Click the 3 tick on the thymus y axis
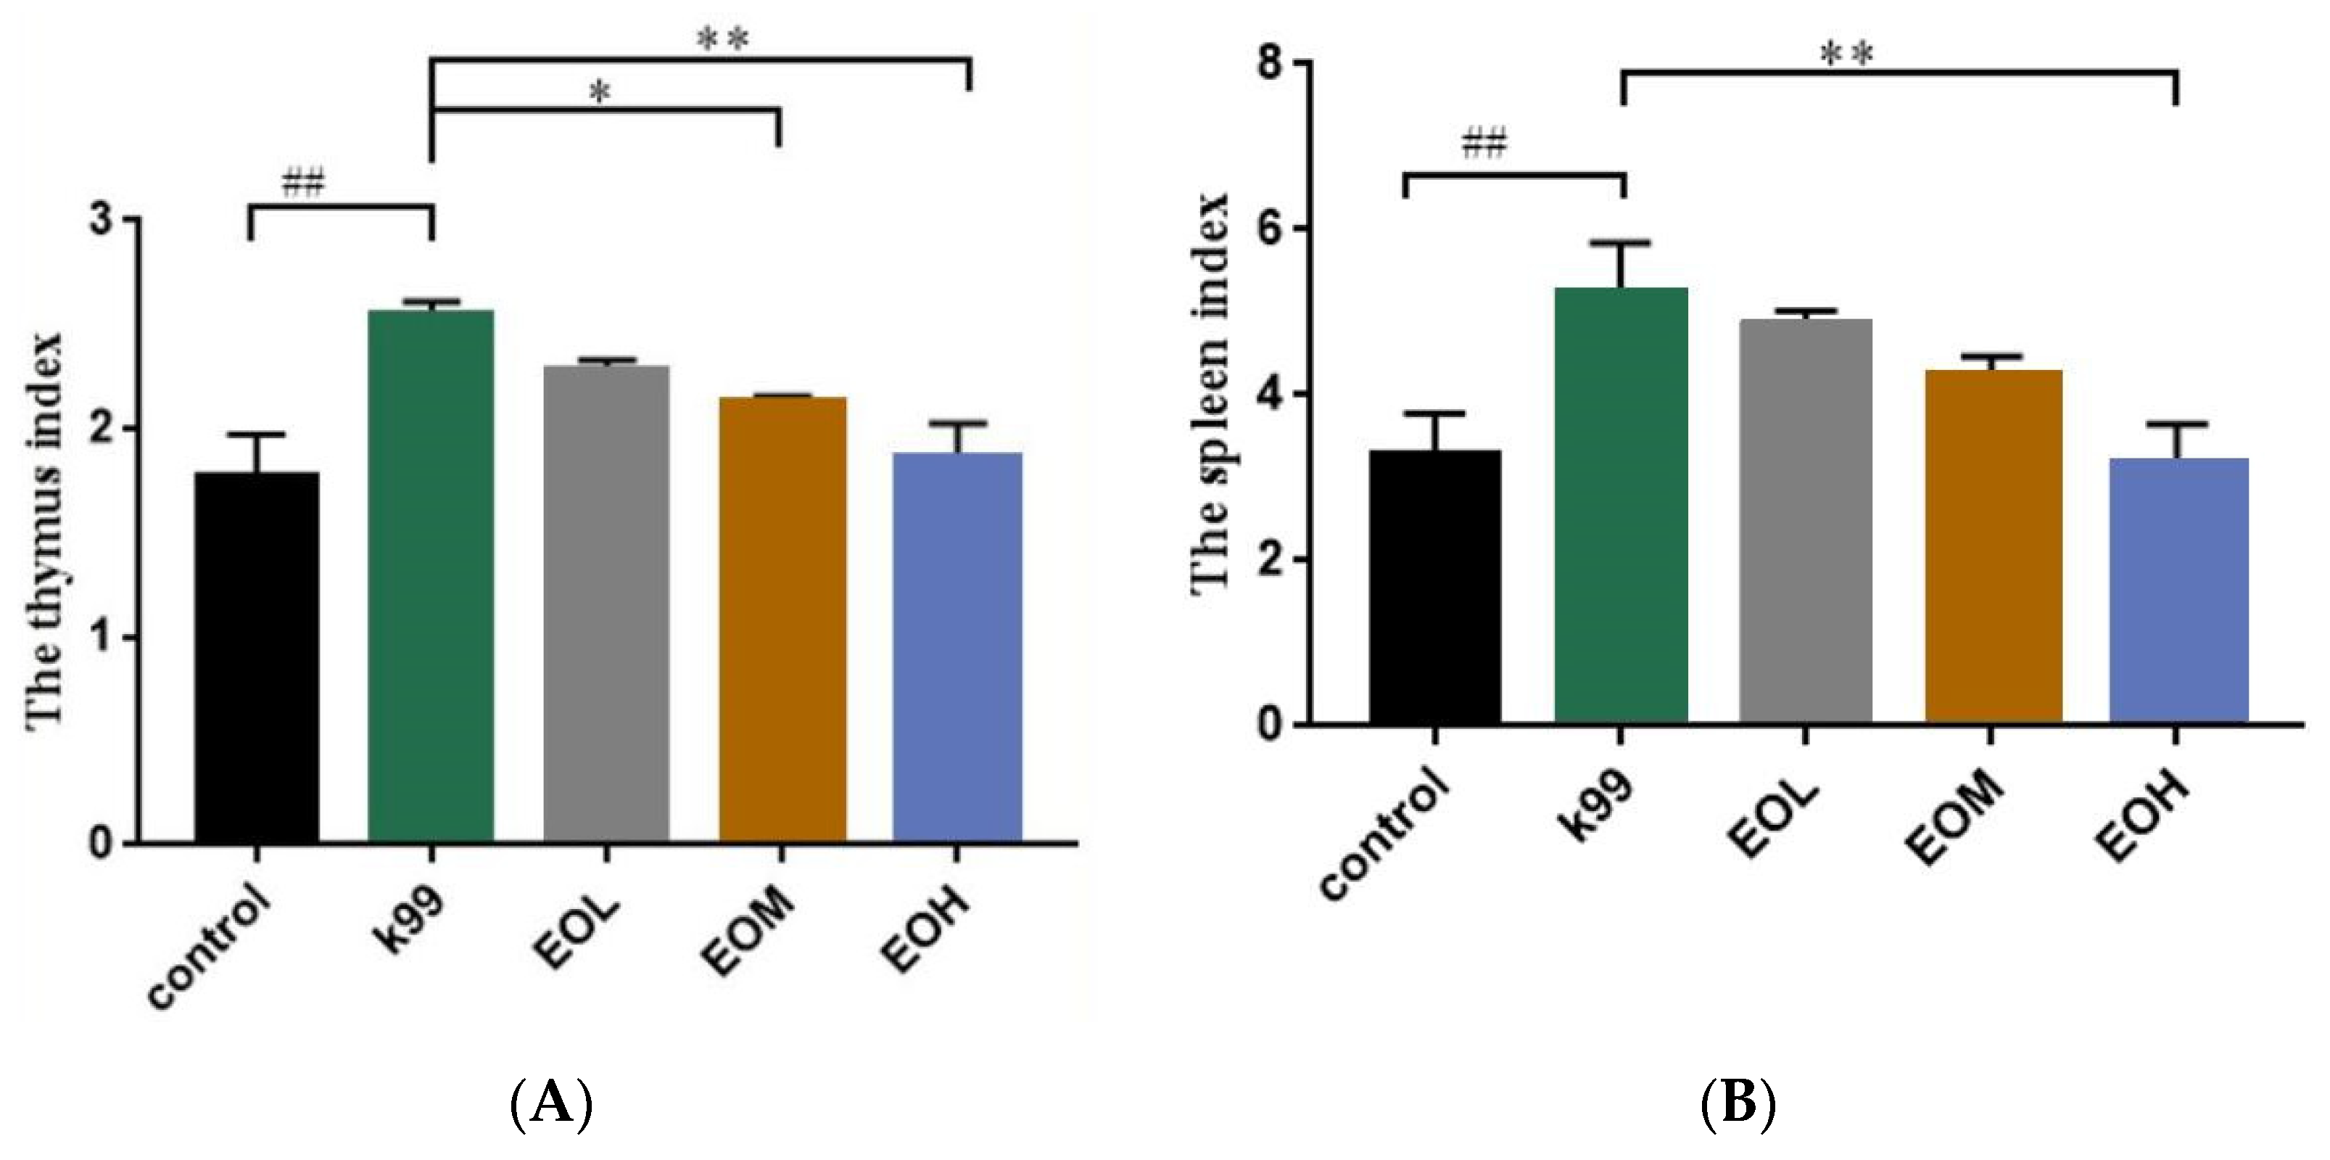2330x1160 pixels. click(x=107, y=220)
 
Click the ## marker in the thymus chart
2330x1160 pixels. click(x=303, y=184)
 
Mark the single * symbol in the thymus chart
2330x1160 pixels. click(x=600, y=92)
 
